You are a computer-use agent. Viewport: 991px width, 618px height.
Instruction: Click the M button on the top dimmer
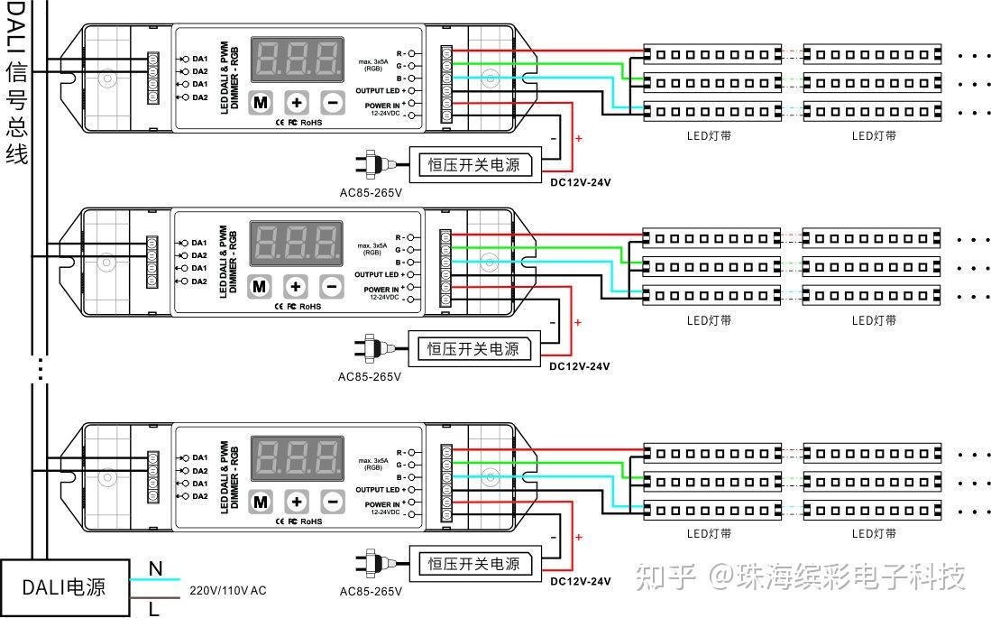pos(261,102)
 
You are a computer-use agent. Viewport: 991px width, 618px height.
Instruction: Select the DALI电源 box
pos(63,587)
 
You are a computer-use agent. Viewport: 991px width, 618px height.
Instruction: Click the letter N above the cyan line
pos(155,568)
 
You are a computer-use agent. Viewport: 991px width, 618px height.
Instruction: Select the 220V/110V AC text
pos(227,591)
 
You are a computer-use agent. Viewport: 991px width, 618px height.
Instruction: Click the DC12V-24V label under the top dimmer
pos(580,182)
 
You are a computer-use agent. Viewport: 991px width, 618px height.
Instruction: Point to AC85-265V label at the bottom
pos(371,592)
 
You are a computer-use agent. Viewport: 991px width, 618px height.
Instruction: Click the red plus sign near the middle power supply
pos(578,322)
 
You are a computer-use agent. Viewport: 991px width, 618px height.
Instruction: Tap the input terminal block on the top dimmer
pos(153,78)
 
